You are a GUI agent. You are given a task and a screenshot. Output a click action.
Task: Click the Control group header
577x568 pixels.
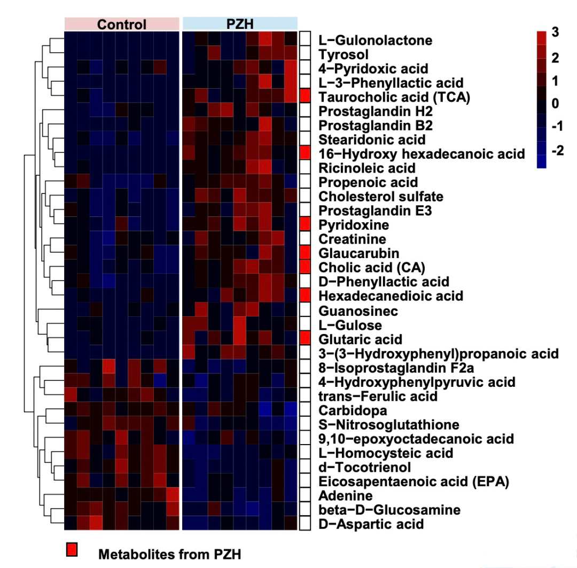tap(121, 24)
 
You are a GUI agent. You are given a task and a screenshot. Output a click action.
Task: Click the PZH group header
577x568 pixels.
tap(239, 24)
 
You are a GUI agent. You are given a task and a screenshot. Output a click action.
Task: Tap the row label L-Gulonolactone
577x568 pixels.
tap(375, 40)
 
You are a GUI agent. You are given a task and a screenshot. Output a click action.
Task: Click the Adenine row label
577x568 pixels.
tap(338, 495)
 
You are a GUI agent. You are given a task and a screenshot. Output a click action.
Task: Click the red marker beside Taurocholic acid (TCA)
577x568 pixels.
tap(305, 96)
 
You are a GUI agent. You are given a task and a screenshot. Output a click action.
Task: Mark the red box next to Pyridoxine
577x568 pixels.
tap(305, 223)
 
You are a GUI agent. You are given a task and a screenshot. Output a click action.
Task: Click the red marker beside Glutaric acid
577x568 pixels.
tap(305, 338)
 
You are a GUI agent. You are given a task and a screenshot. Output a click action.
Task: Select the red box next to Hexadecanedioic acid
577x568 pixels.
tap(305, 295)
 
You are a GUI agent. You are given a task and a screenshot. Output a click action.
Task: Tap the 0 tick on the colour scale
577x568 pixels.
tap(558, 105)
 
